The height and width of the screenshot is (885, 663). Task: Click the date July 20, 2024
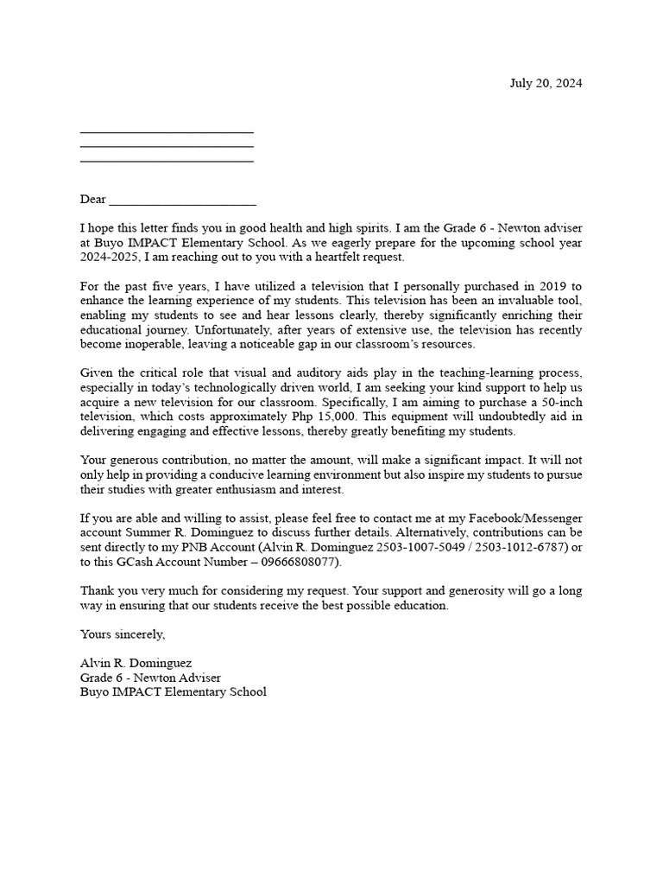click(x=546, y=84)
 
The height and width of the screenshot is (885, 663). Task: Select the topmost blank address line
click(x=167, y=132)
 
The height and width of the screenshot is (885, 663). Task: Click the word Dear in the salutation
click(x=93, y=200)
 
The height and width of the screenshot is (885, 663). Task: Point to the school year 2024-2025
click(x=110, y=258)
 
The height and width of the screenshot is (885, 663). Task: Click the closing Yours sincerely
click(x=123, y=634)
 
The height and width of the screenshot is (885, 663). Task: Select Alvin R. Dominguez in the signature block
click(x=136, y=664)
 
